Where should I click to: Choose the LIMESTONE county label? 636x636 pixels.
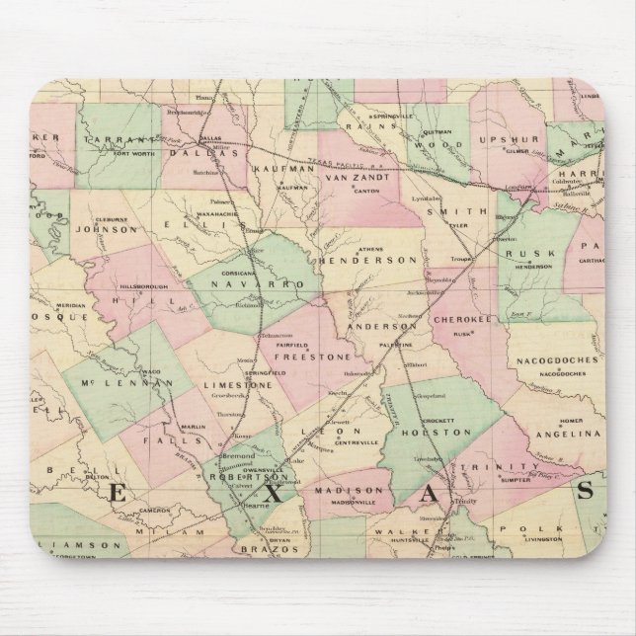click(x=236, y=386)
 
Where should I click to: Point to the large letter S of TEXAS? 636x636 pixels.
click(x=588, y=491)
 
